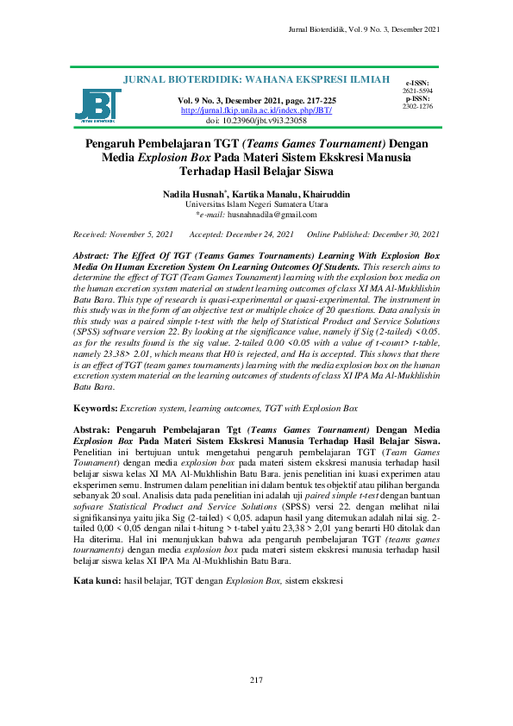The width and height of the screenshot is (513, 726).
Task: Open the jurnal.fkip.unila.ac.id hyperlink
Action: (256, 111)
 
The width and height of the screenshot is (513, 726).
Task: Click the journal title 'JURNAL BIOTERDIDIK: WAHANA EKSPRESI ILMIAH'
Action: (256, 80)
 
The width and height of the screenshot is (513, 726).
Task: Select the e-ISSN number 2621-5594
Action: (417, 91)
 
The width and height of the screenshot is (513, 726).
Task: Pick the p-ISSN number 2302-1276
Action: (417, 106)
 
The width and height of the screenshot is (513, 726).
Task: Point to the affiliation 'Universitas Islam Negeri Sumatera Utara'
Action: (256, 205)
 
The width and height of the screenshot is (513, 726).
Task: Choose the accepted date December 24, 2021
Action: (259, 235)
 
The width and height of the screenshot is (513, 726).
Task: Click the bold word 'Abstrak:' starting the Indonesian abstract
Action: (94, 429)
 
